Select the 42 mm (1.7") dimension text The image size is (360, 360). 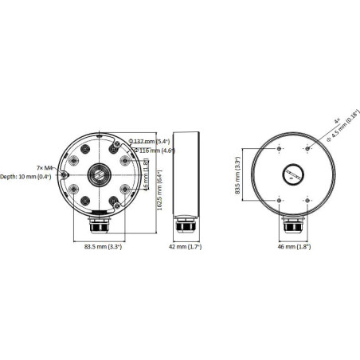tap(186, 247)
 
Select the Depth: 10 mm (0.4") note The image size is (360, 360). tap(25, 177)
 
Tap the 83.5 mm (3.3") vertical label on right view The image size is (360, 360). tap(237, 176)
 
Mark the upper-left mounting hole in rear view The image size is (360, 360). tap(279, 148)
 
